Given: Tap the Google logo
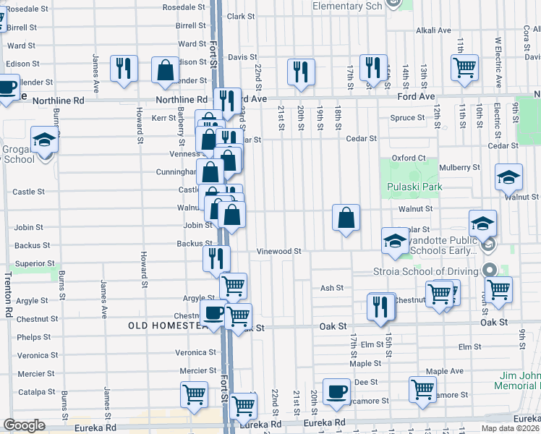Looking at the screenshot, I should pyautogui.click(x=24, y=425).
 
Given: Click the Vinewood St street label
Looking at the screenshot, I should pyautogui.click(x=278, y=252).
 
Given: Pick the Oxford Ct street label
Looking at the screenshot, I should pyautogui.click(x=409, y=158).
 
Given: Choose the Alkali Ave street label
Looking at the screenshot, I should pyautogui.click(x=433, y=30).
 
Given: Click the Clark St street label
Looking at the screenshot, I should pyautogui.click(x=240, y=16).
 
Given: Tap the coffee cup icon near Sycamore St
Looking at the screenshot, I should pyautogui.click(x=336, y=391).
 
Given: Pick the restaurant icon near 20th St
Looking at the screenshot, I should pyautogui.click(x=301, y=71).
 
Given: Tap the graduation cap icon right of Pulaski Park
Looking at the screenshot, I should pyautogui.click(x=508, y=176).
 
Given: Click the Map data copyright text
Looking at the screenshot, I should pyautogui.click(x=510, y=428).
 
